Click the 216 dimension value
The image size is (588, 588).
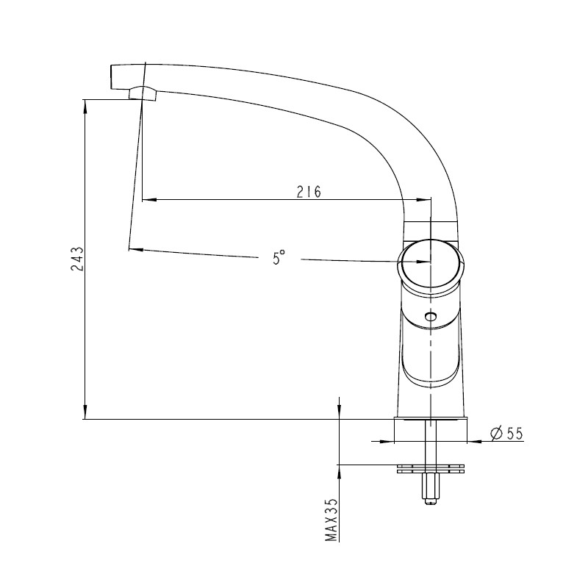[309, 192]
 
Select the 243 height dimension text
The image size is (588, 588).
[77, 259]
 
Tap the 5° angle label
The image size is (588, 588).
[279, 258]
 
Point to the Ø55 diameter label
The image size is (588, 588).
[506, 434]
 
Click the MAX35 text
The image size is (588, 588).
[331, 520]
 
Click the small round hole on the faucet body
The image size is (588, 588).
[431, 318]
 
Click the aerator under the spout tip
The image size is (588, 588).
[143, 93]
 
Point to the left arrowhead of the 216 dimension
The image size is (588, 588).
[149, 200]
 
